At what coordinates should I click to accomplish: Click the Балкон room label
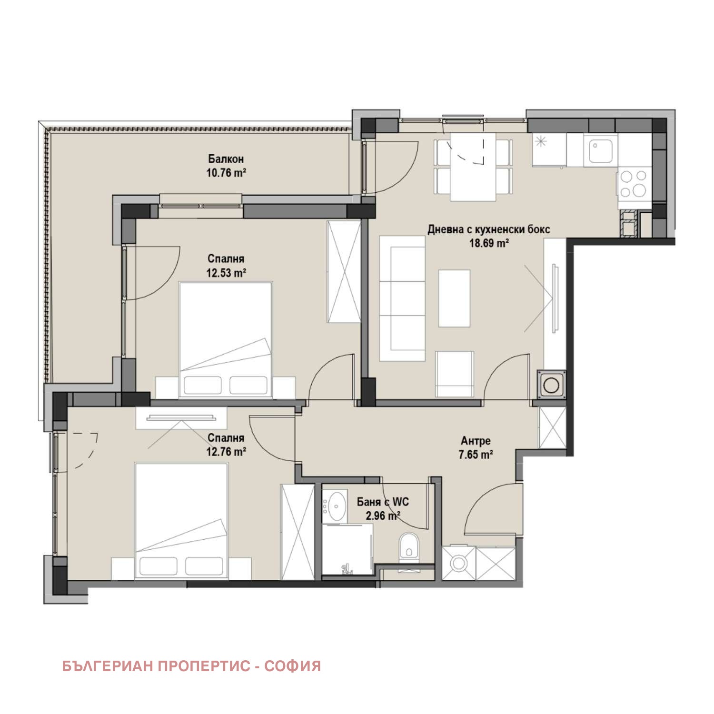click(226, 159)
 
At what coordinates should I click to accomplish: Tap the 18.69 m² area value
click(489, 243)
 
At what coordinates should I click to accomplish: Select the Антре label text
click(476, 441)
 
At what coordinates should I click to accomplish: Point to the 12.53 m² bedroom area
click(226, 273)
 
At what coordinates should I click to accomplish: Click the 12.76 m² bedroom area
click(226, 451)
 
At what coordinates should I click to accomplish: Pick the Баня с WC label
click(383, 502)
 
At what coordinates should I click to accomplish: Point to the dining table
click(473, 167)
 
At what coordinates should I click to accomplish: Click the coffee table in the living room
click(454, 298)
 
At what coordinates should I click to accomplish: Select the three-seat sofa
click(402, 298)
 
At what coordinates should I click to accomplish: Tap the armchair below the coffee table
click(455, 374)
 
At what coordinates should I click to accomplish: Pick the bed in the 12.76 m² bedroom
click(181, 520)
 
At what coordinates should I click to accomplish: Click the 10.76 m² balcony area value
click(226, 172)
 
